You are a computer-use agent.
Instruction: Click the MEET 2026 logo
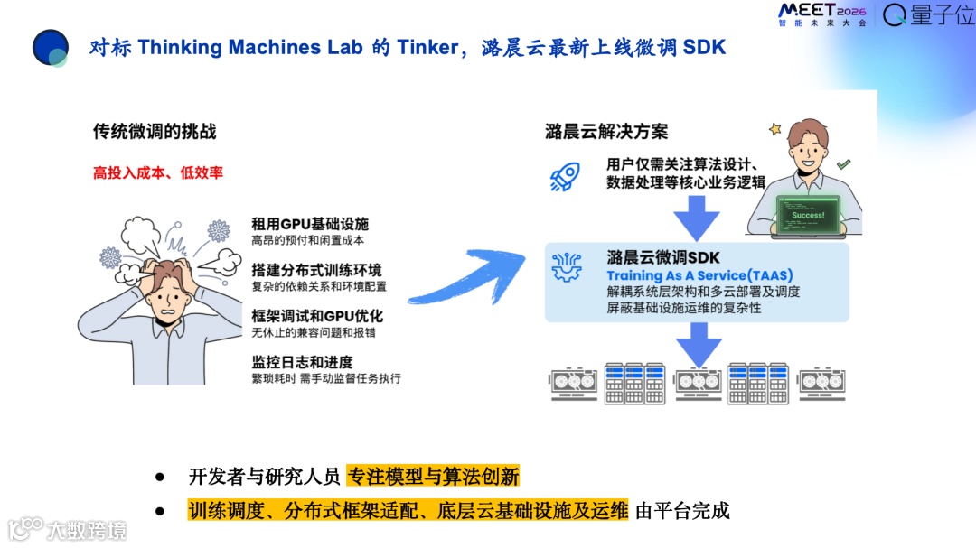tap(821, 14)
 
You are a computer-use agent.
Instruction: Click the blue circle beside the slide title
tap(51, 48)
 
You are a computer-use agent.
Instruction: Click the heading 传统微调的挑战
tap(155, 132)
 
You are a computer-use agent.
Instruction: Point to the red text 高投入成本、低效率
tap(158, 172)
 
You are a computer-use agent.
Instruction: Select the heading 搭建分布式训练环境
tap(316, 269)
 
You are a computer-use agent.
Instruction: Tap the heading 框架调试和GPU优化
tap(317, 316)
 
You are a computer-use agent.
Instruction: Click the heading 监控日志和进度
tap(302, 361)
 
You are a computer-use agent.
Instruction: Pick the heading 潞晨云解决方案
tap(606, 132)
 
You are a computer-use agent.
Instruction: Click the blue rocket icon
tap(565, 176)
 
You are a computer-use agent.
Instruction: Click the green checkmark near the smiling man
tap(843, 164)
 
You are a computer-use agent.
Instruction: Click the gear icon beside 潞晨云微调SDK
tap(568, 268)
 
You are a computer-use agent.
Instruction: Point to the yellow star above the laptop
tap(774, 129)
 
